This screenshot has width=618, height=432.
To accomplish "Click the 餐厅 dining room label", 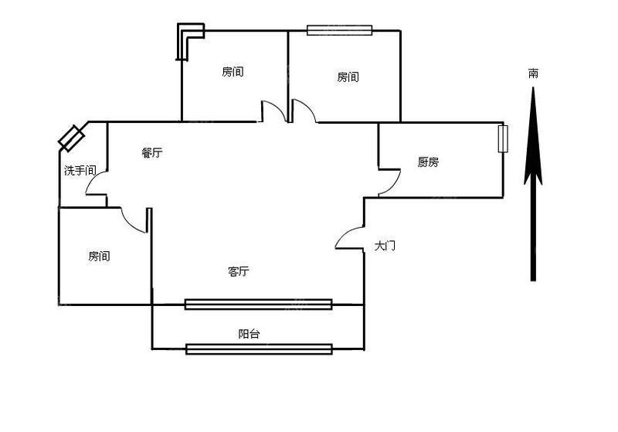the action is (151, 152).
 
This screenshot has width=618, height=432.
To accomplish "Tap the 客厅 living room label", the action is (239, 271).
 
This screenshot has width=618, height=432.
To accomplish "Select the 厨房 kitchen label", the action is (428, 162).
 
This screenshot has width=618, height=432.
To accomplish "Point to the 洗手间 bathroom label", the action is (80, 171).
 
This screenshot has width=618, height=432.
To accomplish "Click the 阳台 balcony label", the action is (249, 334).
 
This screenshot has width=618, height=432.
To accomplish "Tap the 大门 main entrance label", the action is (385, 246).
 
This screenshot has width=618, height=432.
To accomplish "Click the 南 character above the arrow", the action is (533, 73).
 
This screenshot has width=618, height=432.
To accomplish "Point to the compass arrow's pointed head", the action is (533, 87).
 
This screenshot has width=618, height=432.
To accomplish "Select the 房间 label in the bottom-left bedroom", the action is (99, 257).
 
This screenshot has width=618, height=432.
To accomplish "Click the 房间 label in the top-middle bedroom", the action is (233, 72).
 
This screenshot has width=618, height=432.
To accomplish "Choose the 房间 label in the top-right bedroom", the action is (348, 77).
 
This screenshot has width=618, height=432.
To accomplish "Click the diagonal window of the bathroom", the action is (71, 138).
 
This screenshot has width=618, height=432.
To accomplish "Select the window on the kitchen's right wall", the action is (503, 139).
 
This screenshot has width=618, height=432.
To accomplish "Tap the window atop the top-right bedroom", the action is (339, 30).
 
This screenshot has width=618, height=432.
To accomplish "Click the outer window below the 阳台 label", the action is (259, 349).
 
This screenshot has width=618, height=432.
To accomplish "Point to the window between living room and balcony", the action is (259, 304).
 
